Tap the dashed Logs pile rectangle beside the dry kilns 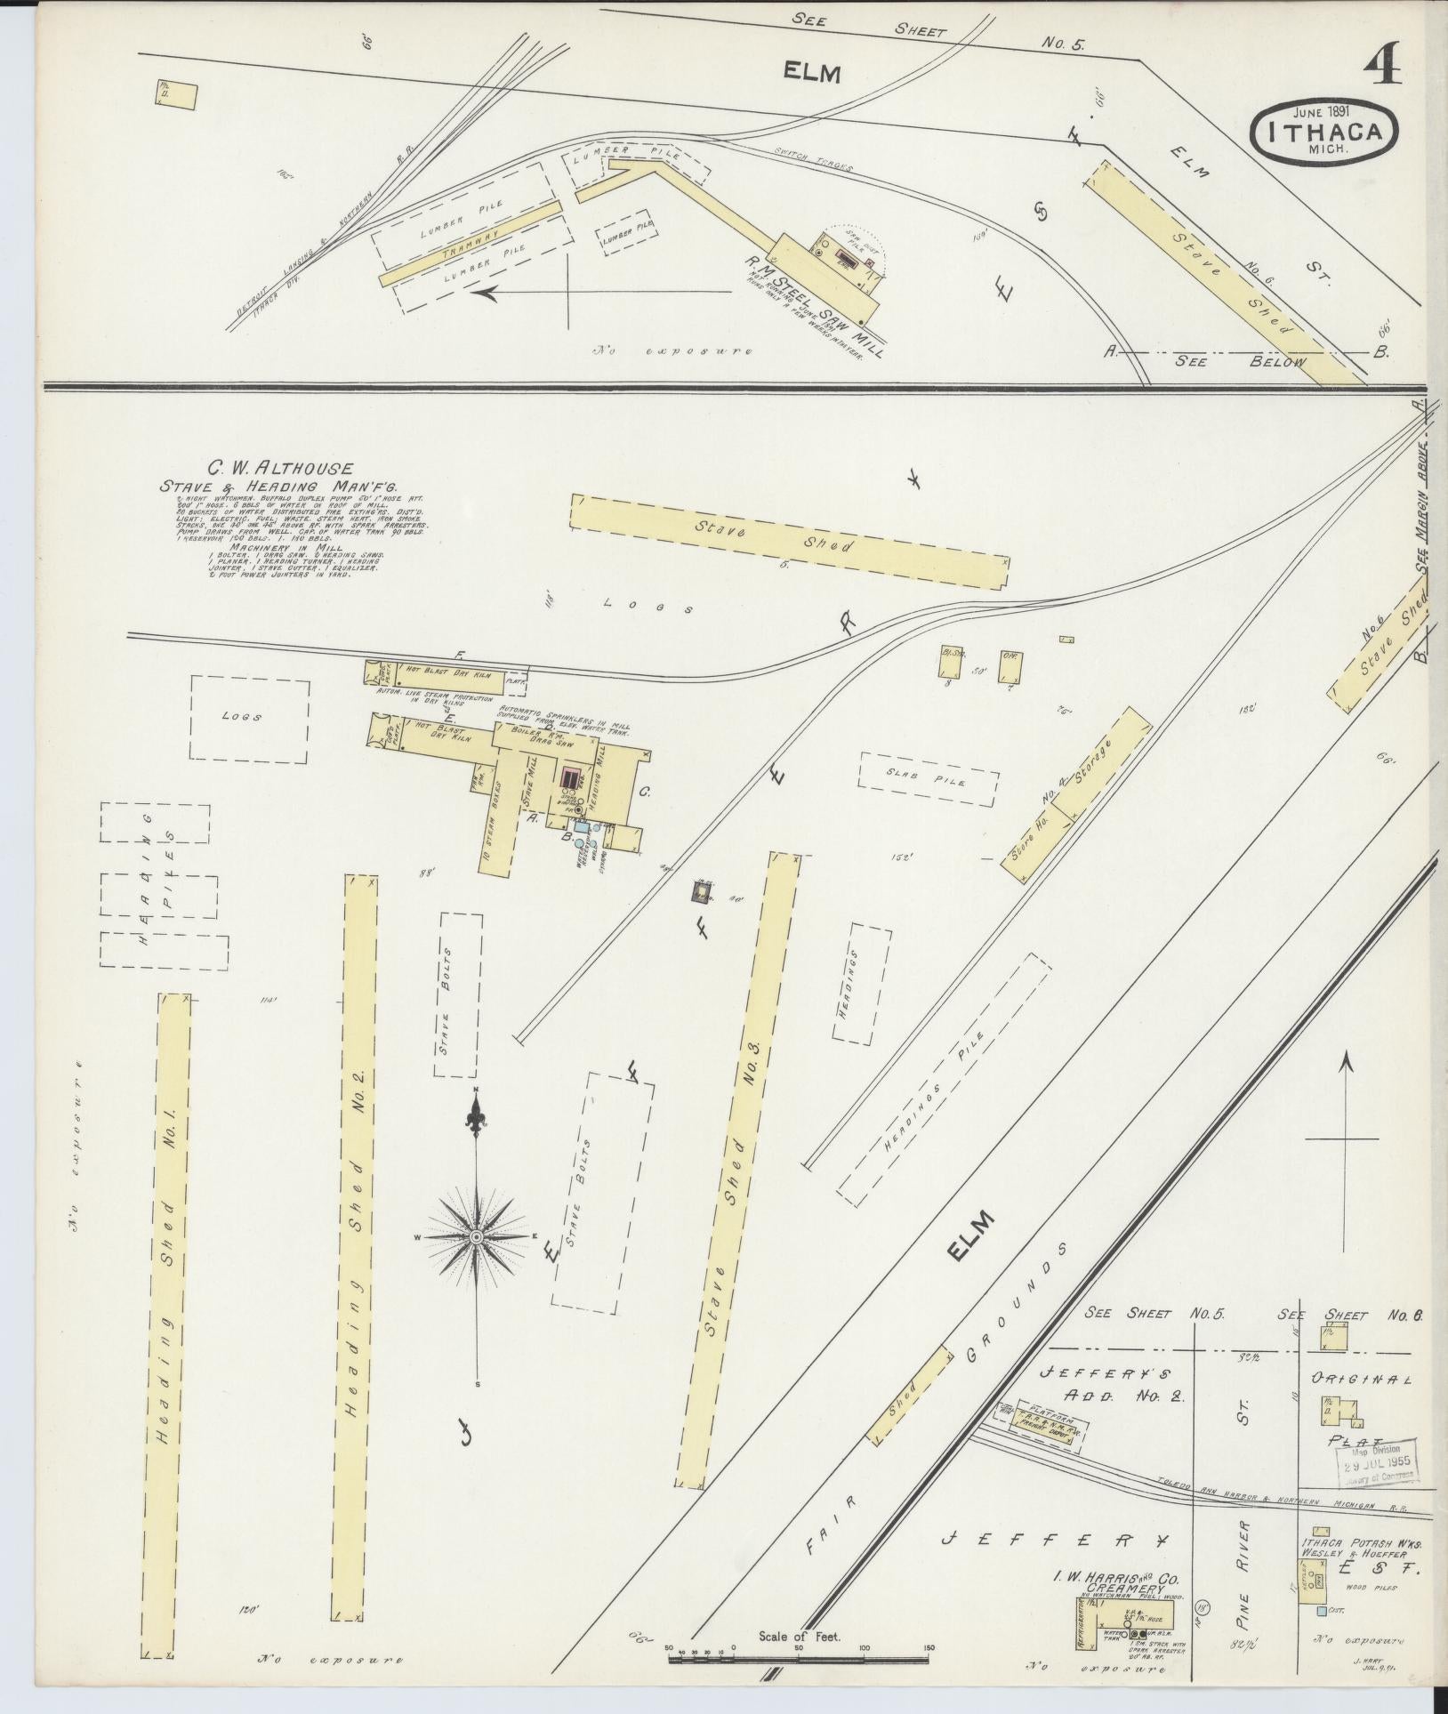pos(249,719)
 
